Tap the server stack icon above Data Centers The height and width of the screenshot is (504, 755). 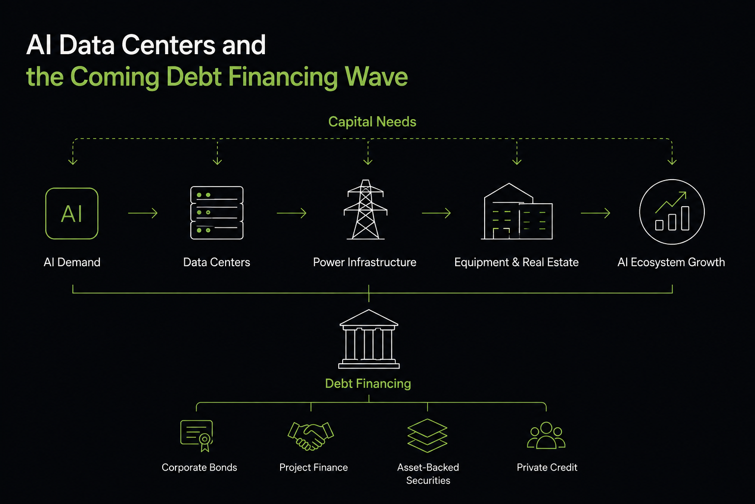(x=217, y=213)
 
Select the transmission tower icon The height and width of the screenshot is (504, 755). (x=365, y=209)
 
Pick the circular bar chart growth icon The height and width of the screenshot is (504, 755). (x=672, y=180)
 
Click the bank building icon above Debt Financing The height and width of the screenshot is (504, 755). (x=369, y=339)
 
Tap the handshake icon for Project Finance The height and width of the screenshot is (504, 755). (x=311, y=436)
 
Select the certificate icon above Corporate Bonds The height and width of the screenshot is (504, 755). (x=197, y=436)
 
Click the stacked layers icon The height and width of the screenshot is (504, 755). (x=427, y=436)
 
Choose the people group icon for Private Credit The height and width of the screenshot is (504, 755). (x=546, y=436)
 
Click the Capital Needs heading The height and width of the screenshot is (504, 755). (x=372, y=122)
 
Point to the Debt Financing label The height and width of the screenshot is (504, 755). (x=368, y=384)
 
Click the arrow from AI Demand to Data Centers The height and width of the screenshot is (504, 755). (x=143, y=213)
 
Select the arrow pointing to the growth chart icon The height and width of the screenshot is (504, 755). (x=596, y=213)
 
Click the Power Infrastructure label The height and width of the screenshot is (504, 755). (x=365, y=262)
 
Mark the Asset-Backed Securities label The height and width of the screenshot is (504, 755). (x=428, y=474)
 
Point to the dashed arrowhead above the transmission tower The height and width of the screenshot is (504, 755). (x=368, y=161)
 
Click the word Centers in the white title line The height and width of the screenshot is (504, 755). (x=168, y=45)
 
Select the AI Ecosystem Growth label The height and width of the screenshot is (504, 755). (x=671, y=262)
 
